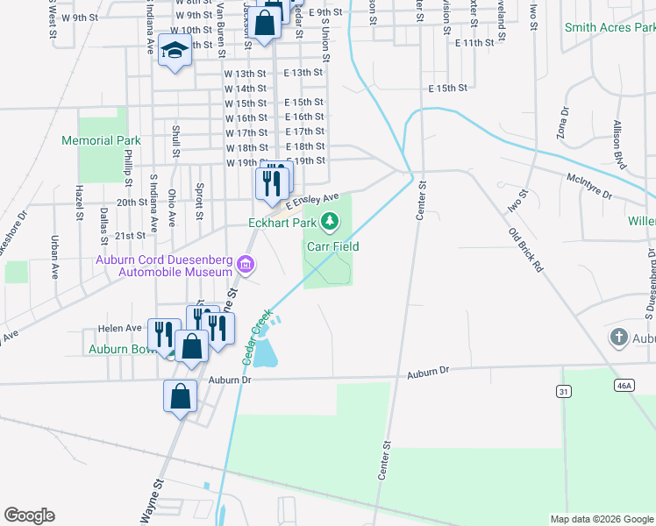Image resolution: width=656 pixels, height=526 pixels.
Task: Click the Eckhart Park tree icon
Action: click(x=330, y=221)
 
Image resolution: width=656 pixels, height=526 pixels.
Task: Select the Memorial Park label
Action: click(x=102, y=140)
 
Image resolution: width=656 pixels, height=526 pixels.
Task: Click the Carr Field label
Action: click(x=332, y=246)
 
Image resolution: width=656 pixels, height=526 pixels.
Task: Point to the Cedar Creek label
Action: click(x=256, y=335)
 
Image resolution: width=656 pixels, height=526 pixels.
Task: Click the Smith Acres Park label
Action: click(x=610, y=28)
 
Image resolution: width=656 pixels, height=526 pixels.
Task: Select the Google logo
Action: click(x=29, y=515)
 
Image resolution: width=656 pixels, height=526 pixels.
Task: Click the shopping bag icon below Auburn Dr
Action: click(x=180, y=396)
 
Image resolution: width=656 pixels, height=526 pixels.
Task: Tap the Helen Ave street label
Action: click(x=120, y=328)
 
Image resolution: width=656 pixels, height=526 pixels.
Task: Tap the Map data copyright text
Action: click(x=602, y=519)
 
